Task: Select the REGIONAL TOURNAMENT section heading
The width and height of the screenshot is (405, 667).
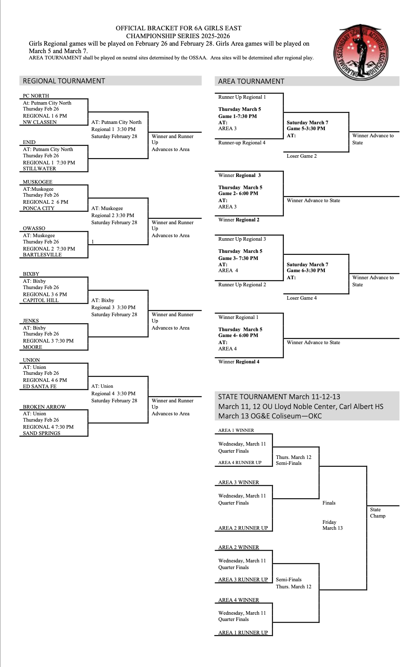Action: (x=64, y=81)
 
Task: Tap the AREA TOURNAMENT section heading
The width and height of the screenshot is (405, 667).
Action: (x=251, y=81)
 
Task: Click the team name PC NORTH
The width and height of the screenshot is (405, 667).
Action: (x=36, y=96)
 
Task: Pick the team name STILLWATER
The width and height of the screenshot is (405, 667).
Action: (x=39, y=169)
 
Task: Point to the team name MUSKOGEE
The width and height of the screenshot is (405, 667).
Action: (x=37, y=182)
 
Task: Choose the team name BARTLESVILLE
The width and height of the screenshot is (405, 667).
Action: (x=42, y=255)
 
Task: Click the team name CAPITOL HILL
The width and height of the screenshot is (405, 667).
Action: (x=40, y=300)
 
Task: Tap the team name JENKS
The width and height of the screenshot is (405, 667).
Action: (x=31, y=321)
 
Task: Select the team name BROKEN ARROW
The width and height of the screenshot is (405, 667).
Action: (x=44, y=407)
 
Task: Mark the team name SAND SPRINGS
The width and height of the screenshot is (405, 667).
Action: (x=41, y=433)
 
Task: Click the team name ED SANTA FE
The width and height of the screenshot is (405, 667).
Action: (x=39, y=387)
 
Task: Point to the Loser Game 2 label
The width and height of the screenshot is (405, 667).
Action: (x=302, y=156)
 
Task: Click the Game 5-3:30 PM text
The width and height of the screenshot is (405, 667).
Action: (x=306, y=129)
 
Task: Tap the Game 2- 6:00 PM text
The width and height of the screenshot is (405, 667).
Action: (x=238, y=193)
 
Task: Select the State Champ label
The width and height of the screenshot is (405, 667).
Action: (x=377, y=513)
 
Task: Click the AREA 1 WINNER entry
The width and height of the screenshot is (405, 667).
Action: (x=236, y=430)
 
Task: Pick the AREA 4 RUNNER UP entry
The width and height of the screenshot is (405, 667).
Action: (x=240, y=462)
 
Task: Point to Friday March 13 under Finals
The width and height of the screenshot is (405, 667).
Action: (x=332, y=525)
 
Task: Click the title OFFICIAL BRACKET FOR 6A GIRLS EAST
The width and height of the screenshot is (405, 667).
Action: (x=179, y=28)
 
